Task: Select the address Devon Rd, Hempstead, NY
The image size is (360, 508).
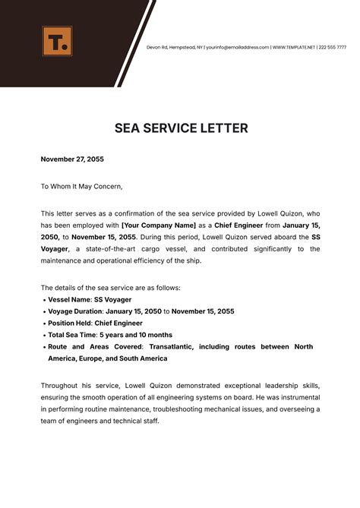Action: (x=175, y=47)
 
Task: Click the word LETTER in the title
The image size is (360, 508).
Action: (x=219, y=128)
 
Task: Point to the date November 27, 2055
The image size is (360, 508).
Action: (x=72, y=159)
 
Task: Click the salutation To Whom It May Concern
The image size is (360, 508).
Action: (x=81, y=186)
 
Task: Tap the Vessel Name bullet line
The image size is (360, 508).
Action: (x=90, y=300)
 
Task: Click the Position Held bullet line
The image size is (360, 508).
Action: (x=95, y=323)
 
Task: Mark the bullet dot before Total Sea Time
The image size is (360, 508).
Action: (x=43, y=335)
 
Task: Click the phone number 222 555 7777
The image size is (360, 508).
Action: (x=336, y=47)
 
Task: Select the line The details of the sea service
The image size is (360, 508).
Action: (x=110, y=288)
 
